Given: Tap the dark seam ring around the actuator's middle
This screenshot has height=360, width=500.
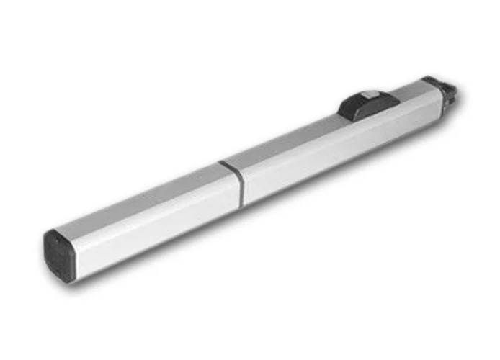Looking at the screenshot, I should point(233,183).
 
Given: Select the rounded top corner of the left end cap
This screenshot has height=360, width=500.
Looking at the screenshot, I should point(52,233).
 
